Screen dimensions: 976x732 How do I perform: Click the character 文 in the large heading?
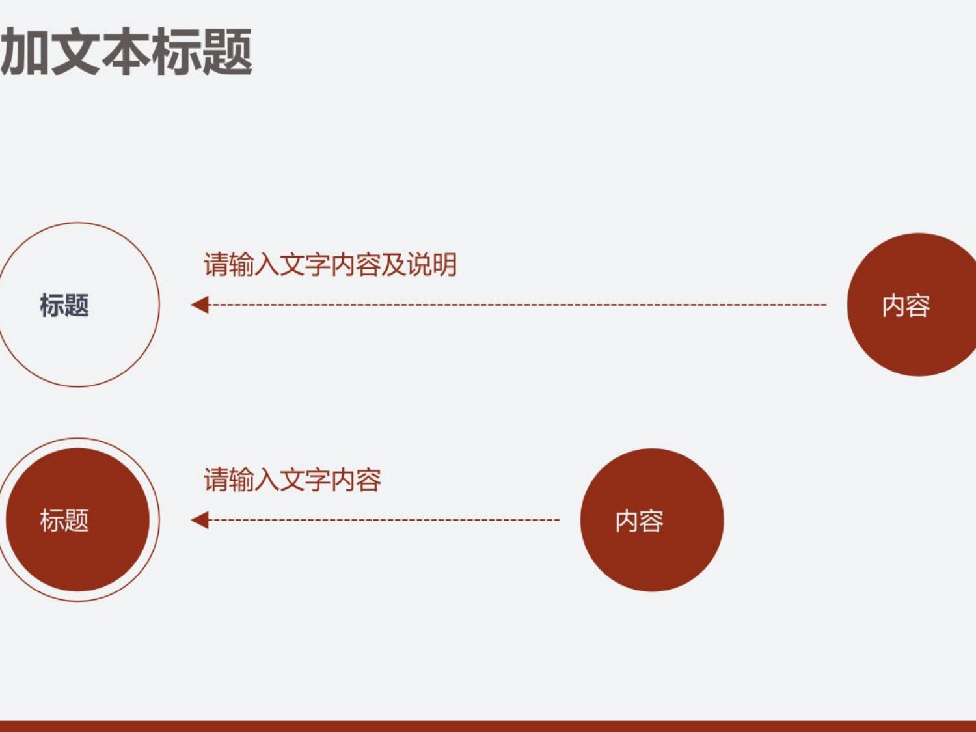coord(75,51)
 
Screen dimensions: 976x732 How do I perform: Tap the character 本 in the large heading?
coord(126,51)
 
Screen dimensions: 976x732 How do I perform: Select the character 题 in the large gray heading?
coord(227,51)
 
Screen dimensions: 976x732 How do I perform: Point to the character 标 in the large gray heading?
coord(176,51)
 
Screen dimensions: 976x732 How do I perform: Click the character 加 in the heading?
coord(25,51)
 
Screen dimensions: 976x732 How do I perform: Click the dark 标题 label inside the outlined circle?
coord(64,305)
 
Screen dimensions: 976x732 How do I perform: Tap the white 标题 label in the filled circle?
coord(64,520)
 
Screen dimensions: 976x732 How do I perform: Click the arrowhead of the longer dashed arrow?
coord(200,305)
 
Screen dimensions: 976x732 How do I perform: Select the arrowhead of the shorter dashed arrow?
coord(200,520)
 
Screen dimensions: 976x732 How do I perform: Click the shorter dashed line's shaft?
coord(384,520)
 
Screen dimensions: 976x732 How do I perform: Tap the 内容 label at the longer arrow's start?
coord(906,306)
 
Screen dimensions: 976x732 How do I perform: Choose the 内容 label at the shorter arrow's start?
coord(640,521)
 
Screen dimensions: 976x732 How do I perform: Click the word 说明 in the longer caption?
coord(432,264)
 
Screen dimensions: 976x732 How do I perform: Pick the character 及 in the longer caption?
coord(394,264)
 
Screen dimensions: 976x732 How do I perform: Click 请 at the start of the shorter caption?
coord(217,480)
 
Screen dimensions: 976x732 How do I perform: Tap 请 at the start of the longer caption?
coord(217,264)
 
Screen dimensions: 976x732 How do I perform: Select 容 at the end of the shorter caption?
coord(369,480)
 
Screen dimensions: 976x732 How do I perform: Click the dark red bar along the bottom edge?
coord(488,726)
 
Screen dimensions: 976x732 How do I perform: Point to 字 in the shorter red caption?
coord(318,480)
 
